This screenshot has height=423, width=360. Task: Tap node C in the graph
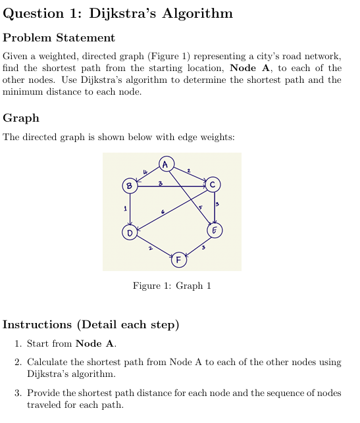213,184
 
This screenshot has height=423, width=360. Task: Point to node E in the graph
215,230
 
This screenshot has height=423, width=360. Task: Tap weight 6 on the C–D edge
163,212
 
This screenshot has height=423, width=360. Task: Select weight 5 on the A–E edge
201,207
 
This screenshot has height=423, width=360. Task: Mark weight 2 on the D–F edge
151,249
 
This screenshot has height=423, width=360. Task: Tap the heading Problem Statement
59,37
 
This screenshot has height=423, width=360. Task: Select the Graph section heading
21,118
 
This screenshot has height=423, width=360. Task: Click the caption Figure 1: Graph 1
172,286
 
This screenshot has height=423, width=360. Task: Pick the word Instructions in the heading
38,324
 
